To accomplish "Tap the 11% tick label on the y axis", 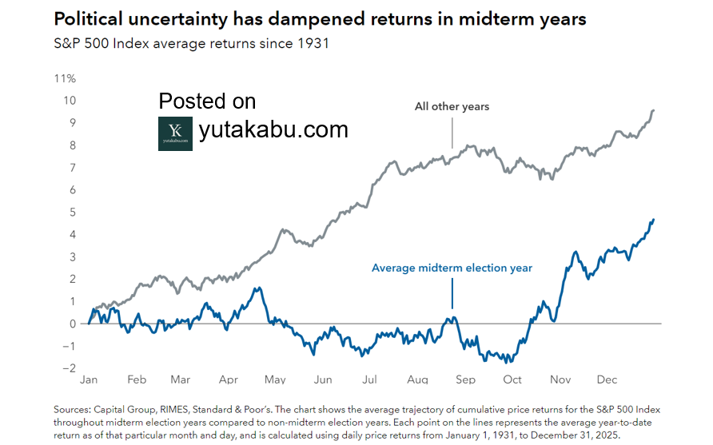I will pos(65,78).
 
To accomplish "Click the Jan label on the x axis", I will pos(89,379).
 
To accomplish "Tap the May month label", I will pos(275,379).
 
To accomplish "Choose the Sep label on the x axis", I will pos(465,379).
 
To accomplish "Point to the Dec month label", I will pos(607,379).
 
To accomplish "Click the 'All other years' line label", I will pos(452,106).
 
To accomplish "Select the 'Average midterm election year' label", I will pos(452,268).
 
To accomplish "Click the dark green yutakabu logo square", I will pos(175,133).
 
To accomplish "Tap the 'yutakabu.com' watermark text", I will pos(273,129).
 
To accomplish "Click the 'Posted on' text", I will pos(207,101).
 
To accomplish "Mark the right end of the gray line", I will pos(654,110).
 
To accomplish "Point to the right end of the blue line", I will pos(653,220).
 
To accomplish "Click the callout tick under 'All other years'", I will pos(452,133).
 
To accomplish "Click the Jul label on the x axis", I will pos(369,379).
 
